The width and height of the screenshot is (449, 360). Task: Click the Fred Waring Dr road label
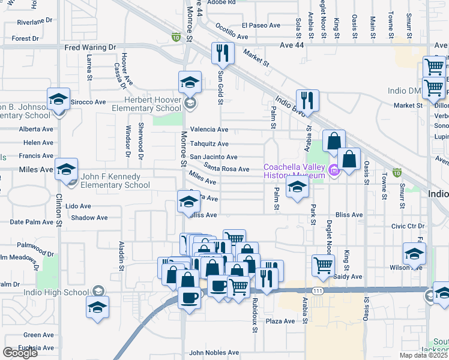pyautogui.click(x=90, y=47)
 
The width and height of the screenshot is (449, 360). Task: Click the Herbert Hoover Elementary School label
pyautogui.click(x=144, y=104)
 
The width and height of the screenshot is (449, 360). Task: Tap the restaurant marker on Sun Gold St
pyautogui.click(x=223, y=53)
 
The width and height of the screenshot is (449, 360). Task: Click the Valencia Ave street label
pyautogui.click(x=209, y=130)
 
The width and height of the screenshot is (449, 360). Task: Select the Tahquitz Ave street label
pyautogui.click(x=209, y=144)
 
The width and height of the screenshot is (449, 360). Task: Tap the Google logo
pyautogui.click(x=20, y=353)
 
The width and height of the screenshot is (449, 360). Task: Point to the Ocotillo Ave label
pyautogui.click(x=231, y=37)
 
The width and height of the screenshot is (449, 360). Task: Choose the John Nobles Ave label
pyautogui.click(x=214, y=353)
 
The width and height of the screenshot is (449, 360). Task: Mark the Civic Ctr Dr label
pyautogui.click(x=408, y=226)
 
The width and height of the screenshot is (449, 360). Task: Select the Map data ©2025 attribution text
pyautogui.click(x=424, y=355)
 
